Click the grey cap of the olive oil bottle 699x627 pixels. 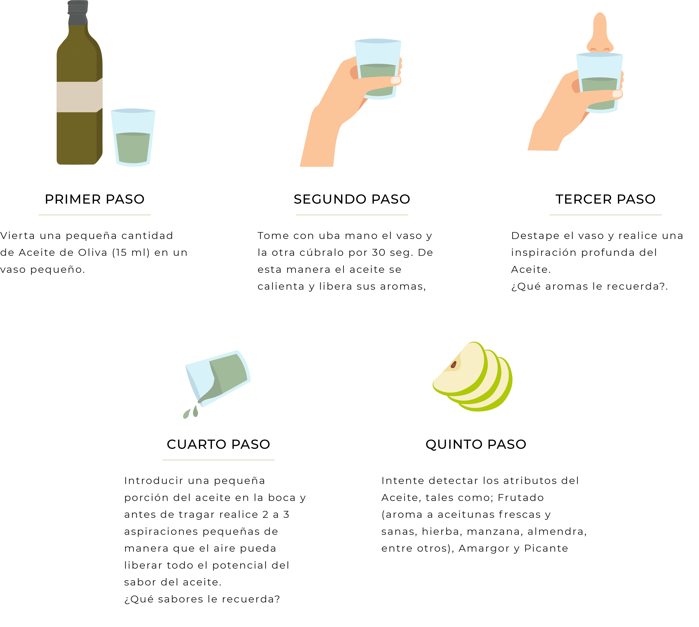[x=78, y=13]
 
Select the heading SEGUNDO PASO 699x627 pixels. [x=352, y=199]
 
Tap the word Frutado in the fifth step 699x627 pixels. [x=521, y=498]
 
